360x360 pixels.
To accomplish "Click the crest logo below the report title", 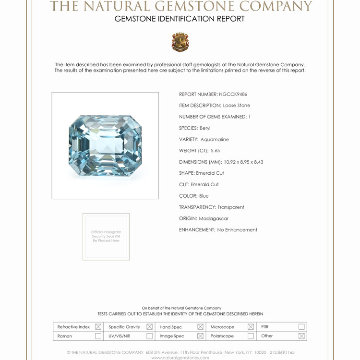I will coord(180,42).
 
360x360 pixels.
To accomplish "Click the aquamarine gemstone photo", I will coord(105,145).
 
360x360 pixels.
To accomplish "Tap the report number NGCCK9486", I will coord(233,94).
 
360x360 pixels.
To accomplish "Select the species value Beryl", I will coord(205,128).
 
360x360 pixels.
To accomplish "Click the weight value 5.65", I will coord(215,151).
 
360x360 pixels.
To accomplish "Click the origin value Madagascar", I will coord(214,218).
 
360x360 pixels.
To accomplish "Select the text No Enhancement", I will coord(237,230).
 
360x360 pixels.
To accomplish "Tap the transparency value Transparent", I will coord(231,207).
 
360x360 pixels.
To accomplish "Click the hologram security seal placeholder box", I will coord(106,237).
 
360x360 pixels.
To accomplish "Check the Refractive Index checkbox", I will coord(98,327).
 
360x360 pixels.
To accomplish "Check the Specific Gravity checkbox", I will coord(149,327).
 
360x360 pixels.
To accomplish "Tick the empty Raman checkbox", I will coord(98,336).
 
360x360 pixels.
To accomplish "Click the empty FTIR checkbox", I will coord(301,327).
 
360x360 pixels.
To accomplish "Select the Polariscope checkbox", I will coord(251,336).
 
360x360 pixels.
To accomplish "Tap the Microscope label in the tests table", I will coord(222,327).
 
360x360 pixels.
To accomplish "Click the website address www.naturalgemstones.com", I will coord(180,358).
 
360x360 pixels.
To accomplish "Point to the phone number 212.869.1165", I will coord(282,352).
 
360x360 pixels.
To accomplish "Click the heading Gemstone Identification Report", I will coord(180,19).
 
